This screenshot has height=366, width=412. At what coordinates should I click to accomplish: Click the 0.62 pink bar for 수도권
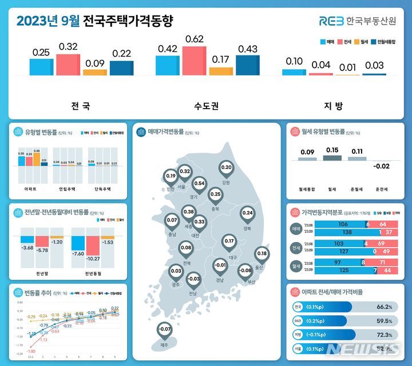pyautogui.click(x=194, y=61)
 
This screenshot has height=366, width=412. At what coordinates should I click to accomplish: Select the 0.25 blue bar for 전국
pyautogui.click(x=41, y=67)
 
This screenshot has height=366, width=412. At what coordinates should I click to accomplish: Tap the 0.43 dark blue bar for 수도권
pyautogui.click(x=247, y=65)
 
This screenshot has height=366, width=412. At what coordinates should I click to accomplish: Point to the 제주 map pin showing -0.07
pyautogui.click(x=165, y=329)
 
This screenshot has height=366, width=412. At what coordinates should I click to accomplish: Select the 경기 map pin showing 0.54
pyautogui.click(x=199, y=184)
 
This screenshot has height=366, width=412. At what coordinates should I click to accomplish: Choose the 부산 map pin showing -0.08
pyautogui.click(x=245, y=270)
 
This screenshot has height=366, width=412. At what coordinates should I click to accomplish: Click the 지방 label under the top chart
pyautogui.click(x=334, y=106)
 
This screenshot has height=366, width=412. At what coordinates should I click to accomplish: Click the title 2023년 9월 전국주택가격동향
pyautogui.click(x=94, y=21)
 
